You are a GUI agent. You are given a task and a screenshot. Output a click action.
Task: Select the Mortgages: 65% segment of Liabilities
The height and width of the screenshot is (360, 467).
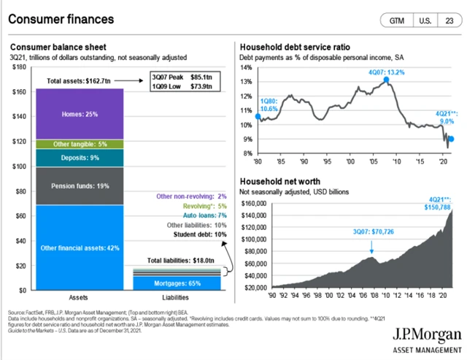click(177, 283)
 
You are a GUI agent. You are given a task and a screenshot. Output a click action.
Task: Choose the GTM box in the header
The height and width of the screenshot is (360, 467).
click(398, 20)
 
